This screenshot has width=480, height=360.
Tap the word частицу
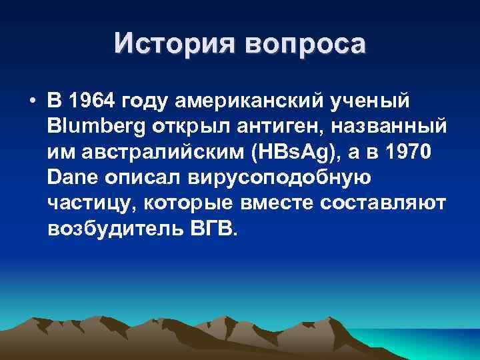tap(87, 203)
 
